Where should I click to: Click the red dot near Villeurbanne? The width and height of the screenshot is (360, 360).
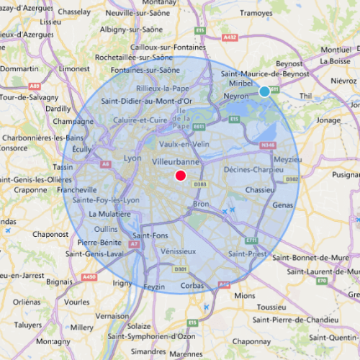(181, 175)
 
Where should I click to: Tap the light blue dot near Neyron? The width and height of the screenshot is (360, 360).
(264, 91)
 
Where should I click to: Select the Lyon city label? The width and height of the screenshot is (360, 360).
(132, 158)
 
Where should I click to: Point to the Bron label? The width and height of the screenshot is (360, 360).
(201, 204)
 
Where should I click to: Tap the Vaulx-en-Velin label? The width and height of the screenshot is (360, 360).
(181, 144)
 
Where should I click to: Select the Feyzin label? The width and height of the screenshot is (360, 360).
(154, 286)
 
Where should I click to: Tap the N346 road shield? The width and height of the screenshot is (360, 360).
(269, 145)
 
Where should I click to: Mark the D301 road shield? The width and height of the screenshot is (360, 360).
(181, 269)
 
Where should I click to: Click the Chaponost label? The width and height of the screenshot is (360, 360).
(50, 234)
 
